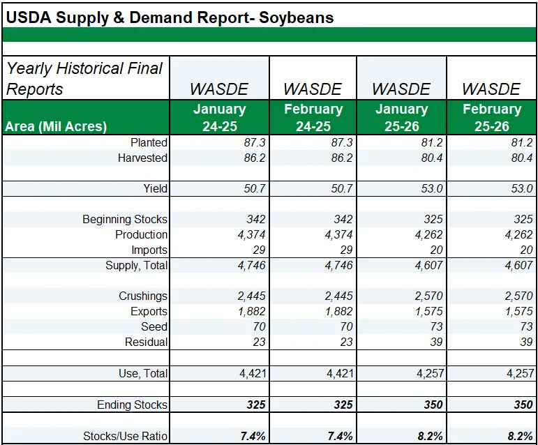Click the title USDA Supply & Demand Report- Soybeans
[x=170, y=17]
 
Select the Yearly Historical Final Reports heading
[x=84, y=79]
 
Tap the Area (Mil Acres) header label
[x=56, y=126]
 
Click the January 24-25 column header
[x=219, y=118]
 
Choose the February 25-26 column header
[x=492, y=118]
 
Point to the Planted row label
[x=149, y=142]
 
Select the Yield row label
[x=154, y=188]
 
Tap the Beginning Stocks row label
[x=125, y=219]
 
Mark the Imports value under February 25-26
[x=525, y=250]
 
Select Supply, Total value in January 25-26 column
[x=428, y=265]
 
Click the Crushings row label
[x=143, y=296]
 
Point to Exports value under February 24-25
[x=338, y=311]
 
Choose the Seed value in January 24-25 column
[x=257, y=326]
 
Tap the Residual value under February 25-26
[x=525, y=342]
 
